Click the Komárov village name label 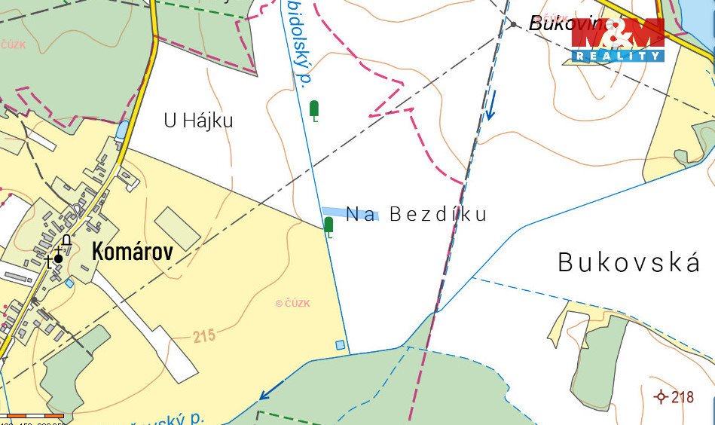point(132,252)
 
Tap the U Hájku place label point(198,121)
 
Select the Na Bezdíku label point(416,215)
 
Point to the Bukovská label point(629,263)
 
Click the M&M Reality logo point(617,40)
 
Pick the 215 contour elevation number point(203,336)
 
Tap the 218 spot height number point(683,396)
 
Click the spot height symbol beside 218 point(662,396)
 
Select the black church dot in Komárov point(58,258)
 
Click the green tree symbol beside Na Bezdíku point(328,225)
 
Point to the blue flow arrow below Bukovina point(490,106)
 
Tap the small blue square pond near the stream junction point(340,345)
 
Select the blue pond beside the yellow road point(122,130)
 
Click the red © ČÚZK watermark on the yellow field point(292,304)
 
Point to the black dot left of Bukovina point(514,25)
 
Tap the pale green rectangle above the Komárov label point(178,228)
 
